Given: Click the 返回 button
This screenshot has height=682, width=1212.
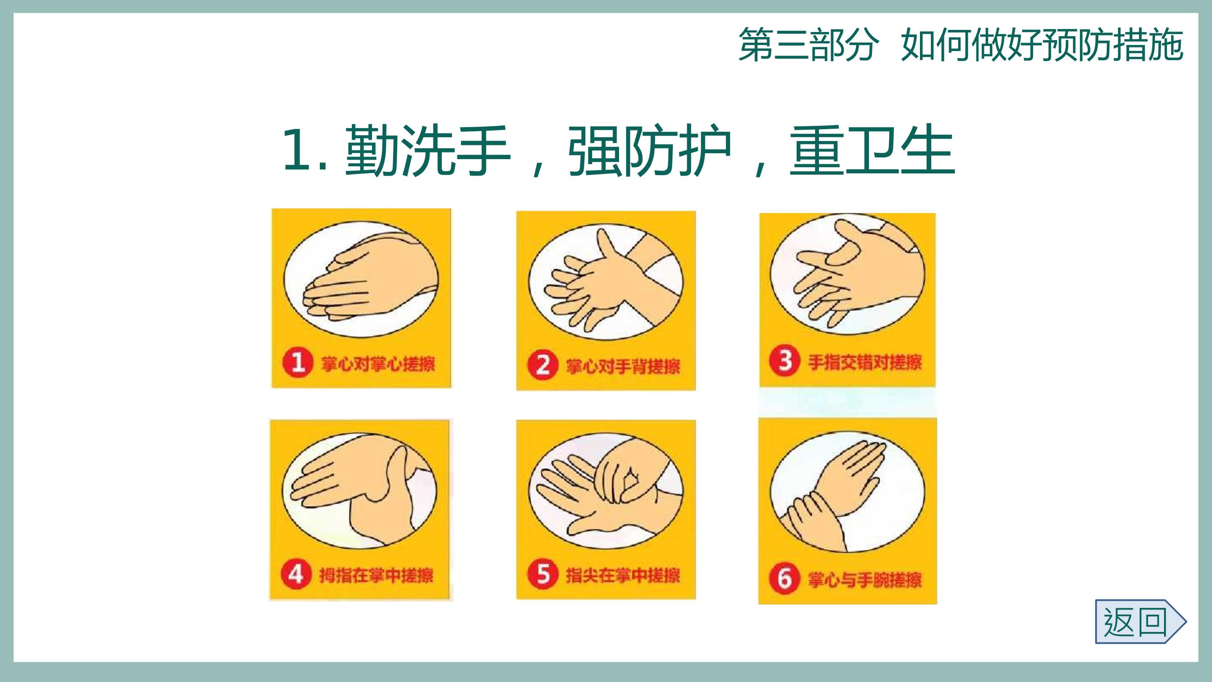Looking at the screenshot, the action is coord(1140,621).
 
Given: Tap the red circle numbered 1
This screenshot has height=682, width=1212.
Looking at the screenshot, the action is coord(298,362).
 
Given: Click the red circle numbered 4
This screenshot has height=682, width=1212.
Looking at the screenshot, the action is coord(296,574).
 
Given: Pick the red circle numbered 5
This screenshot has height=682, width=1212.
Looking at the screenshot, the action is coord(542,574).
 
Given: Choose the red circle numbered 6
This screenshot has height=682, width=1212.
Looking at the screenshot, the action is coord(784,578).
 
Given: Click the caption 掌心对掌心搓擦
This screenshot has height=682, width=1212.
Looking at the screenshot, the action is coord(378,363).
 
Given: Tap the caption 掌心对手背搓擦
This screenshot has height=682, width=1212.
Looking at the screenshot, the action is coord(623,366).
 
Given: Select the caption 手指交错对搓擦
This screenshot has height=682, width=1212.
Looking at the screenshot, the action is coord(865,362).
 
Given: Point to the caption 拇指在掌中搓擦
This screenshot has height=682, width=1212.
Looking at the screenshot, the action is coord(376,575).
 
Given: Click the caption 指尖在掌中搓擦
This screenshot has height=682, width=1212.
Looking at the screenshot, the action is coord(623,575).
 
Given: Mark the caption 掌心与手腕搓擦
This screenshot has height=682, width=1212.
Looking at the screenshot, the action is coord(865,579).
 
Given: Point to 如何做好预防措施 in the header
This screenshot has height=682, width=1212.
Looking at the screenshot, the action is coord(1042,45).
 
